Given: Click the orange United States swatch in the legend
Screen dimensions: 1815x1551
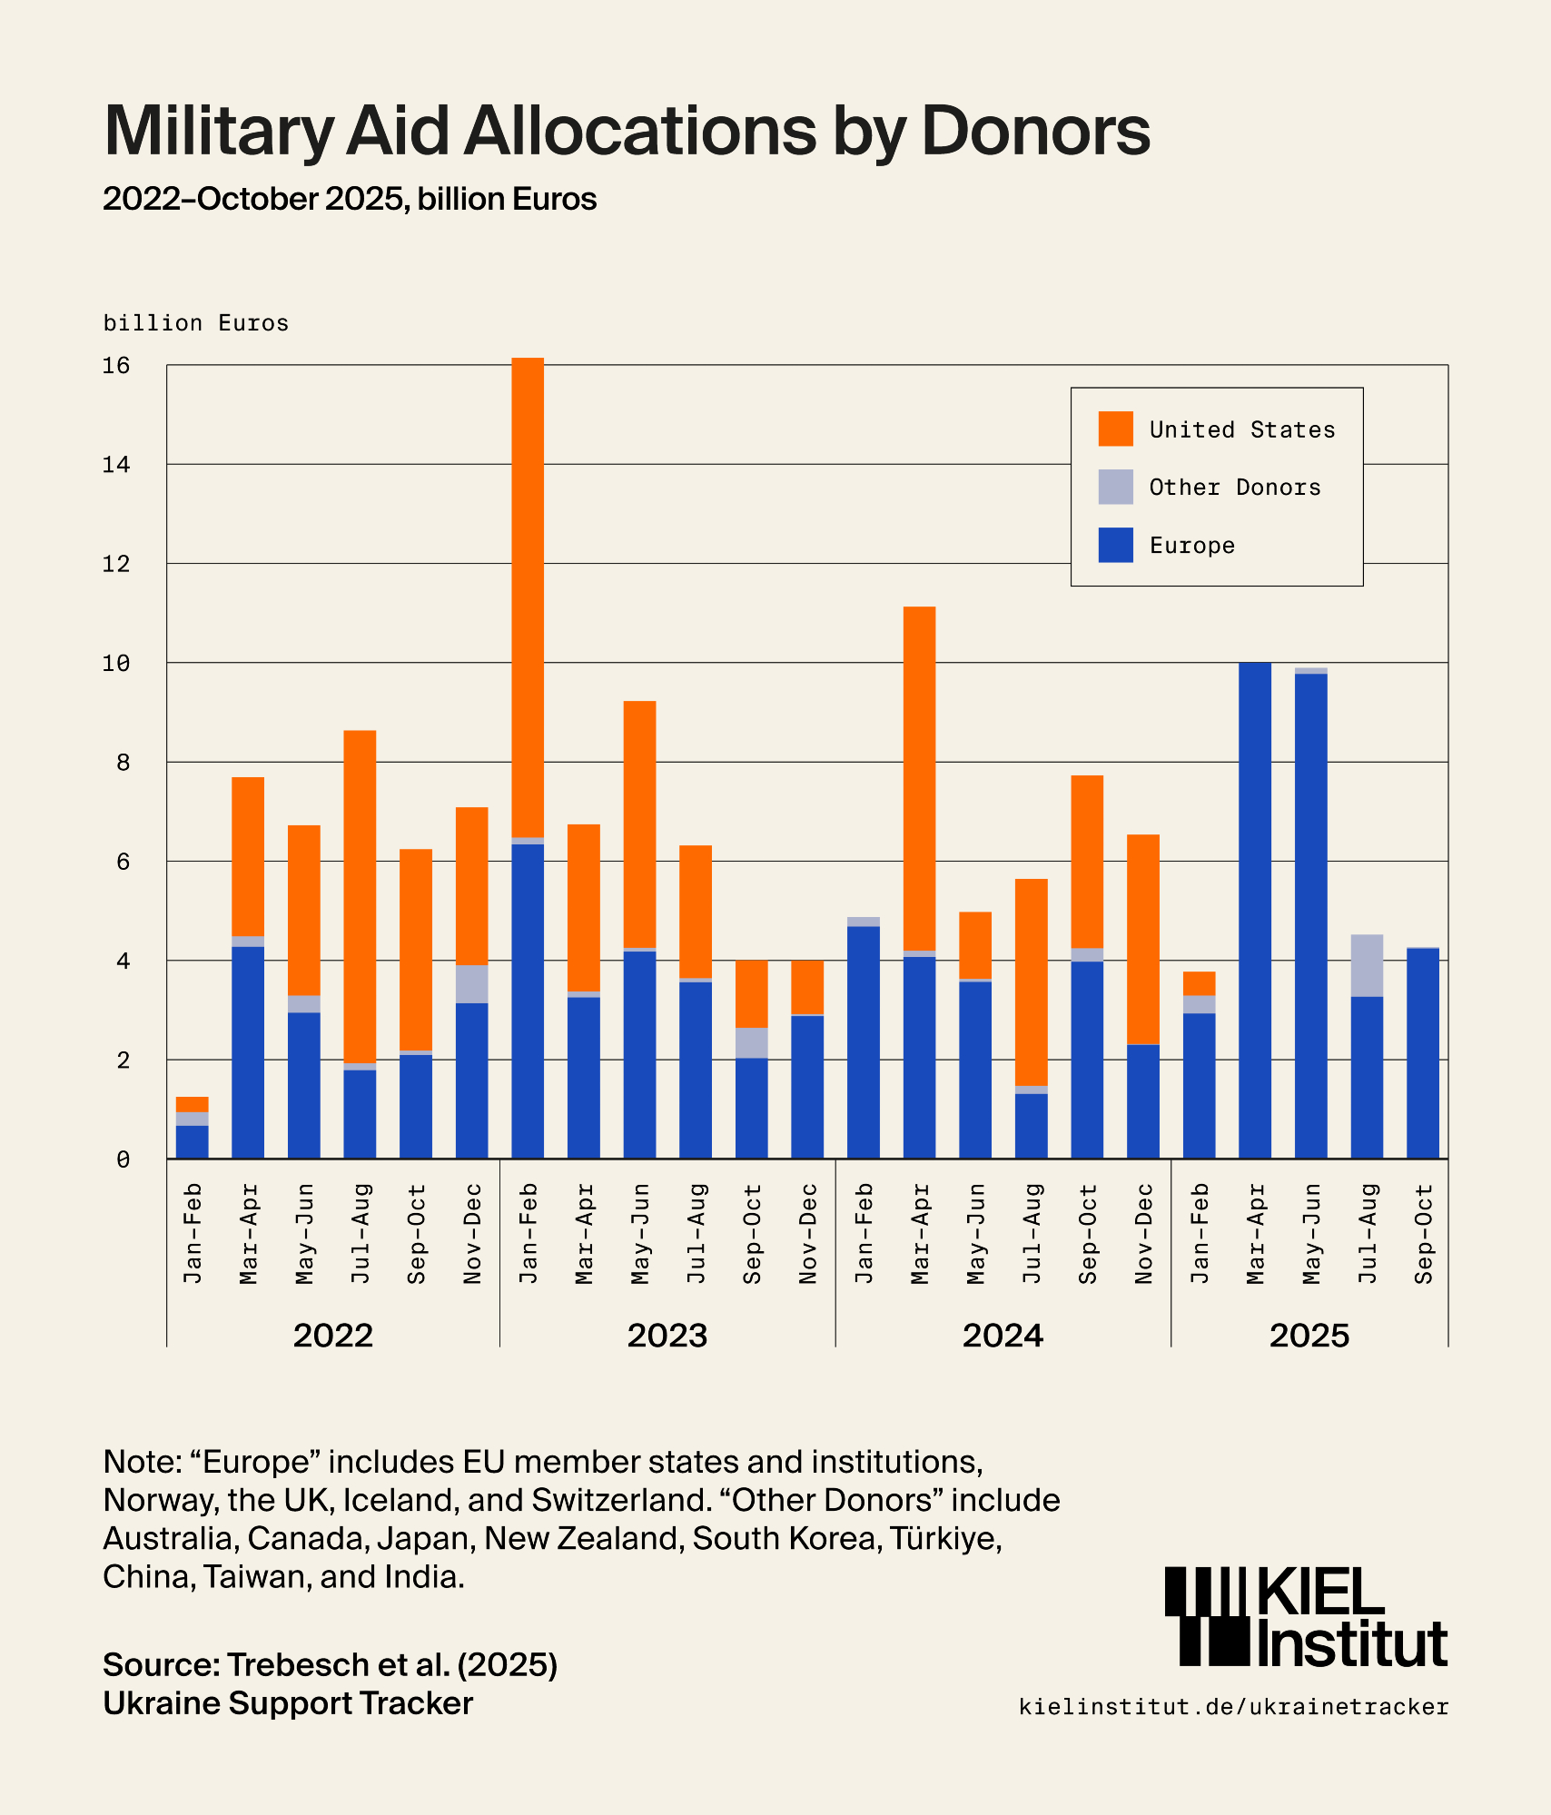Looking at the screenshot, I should click(x=1115, y=429).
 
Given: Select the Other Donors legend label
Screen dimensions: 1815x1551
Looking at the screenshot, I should click(x=1234, y=488).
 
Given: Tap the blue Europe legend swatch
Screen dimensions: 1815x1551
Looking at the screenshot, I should click(x=1115, y=545).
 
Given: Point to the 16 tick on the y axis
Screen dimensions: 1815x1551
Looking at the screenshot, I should click(x=116, y=366).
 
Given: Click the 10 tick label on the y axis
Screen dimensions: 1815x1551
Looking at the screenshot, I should click(x=116, y=664).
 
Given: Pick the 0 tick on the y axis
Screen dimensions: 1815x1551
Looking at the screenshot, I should click(x=123, y=1159).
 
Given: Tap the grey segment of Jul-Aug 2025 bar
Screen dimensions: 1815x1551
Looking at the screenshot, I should click(x=1367, y=965).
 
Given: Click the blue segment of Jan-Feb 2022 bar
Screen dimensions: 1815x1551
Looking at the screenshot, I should click(x=192, y=1142).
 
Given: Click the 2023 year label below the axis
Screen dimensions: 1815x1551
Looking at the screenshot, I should click(x=667, y=1336).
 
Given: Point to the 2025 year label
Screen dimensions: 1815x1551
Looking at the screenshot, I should click(x=1309, y=1336).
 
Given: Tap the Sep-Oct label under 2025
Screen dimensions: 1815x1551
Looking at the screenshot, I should click(x=1423, y=1234).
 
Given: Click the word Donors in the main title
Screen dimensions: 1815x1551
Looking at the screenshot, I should click(x=1035, y=131).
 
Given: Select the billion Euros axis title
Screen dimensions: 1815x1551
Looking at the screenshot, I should click(x=196, y=323).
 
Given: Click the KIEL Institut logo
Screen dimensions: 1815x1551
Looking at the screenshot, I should click(x=1306, y=1618).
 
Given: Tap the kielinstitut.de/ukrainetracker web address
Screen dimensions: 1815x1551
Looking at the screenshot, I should click(x=1233, y=1707).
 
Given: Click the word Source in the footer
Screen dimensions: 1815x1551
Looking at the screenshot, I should click(x=160, y=1664).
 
